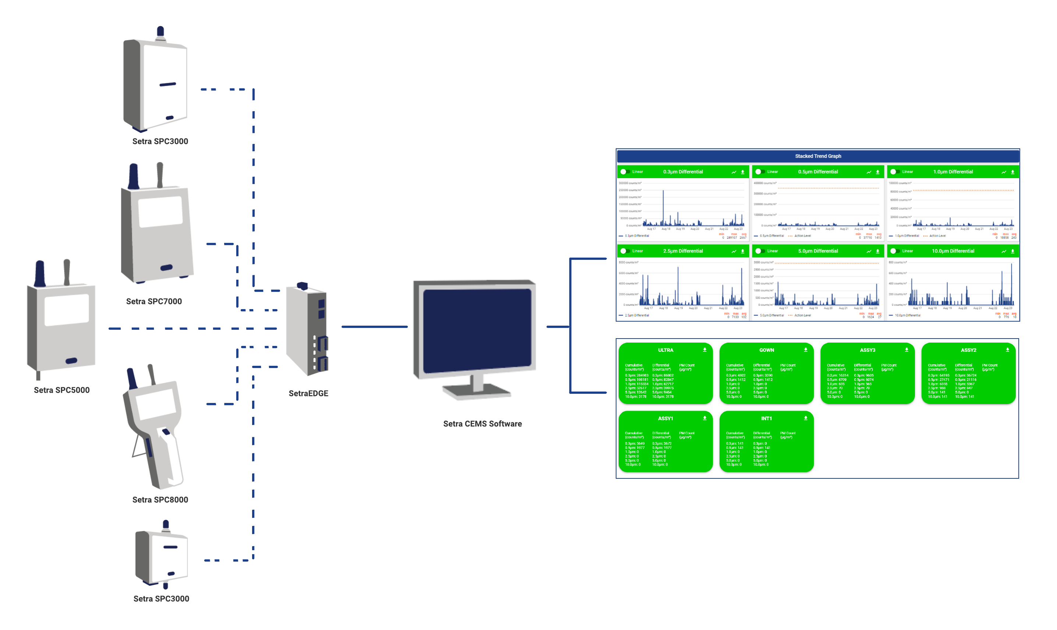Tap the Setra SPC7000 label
click(x=154, y=301)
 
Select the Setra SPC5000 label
click(x=61, y=390)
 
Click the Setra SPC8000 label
click(x=160, y=500)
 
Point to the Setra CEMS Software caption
click(x=482, y=424)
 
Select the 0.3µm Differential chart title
click(x=683, y=172)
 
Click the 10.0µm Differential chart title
click(x=952, y=251)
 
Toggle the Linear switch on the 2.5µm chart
click(x=625, y=251)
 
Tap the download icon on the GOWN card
click(x=805, y=350)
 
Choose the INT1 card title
click(x=766, y=418)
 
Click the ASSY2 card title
click(x=968, y=350)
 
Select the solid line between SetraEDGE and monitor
click(x=374, y=327)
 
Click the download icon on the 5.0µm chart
click(x=877, y=252)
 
